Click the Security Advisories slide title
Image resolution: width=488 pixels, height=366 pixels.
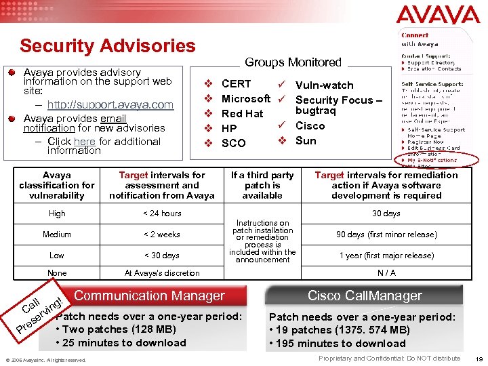107,46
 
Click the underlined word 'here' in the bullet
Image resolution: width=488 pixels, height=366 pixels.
85,141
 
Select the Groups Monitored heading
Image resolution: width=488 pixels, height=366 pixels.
293,62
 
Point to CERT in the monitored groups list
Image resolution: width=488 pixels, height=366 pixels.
236,84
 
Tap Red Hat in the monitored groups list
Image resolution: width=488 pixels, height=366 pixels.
242,113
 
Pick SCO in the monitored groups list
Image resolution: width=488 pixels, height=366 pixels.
233,143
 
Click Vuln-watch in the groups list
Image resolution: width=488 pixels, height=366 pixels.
324,85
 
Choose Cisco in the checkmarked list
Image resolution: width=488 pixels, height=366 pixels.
310,126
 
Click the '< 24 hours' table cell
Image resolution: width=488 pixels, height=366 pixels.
162,213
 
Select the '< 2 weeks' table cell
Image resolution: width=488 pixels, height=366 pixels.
162,235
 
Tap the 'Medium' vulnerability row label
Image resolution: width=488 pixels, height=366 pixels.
57,235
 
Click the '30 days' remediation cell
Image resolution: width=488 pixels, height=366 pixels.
386,213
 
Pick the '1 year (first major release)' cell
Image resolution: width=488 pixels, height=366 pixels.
386,256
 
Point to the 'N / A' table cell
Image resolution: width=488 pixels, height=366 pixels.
386,273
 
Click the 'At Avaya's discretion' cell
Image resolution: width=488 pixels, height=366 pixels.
162,273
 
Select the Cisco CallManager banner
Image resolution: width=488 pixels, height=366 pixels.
365,296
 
